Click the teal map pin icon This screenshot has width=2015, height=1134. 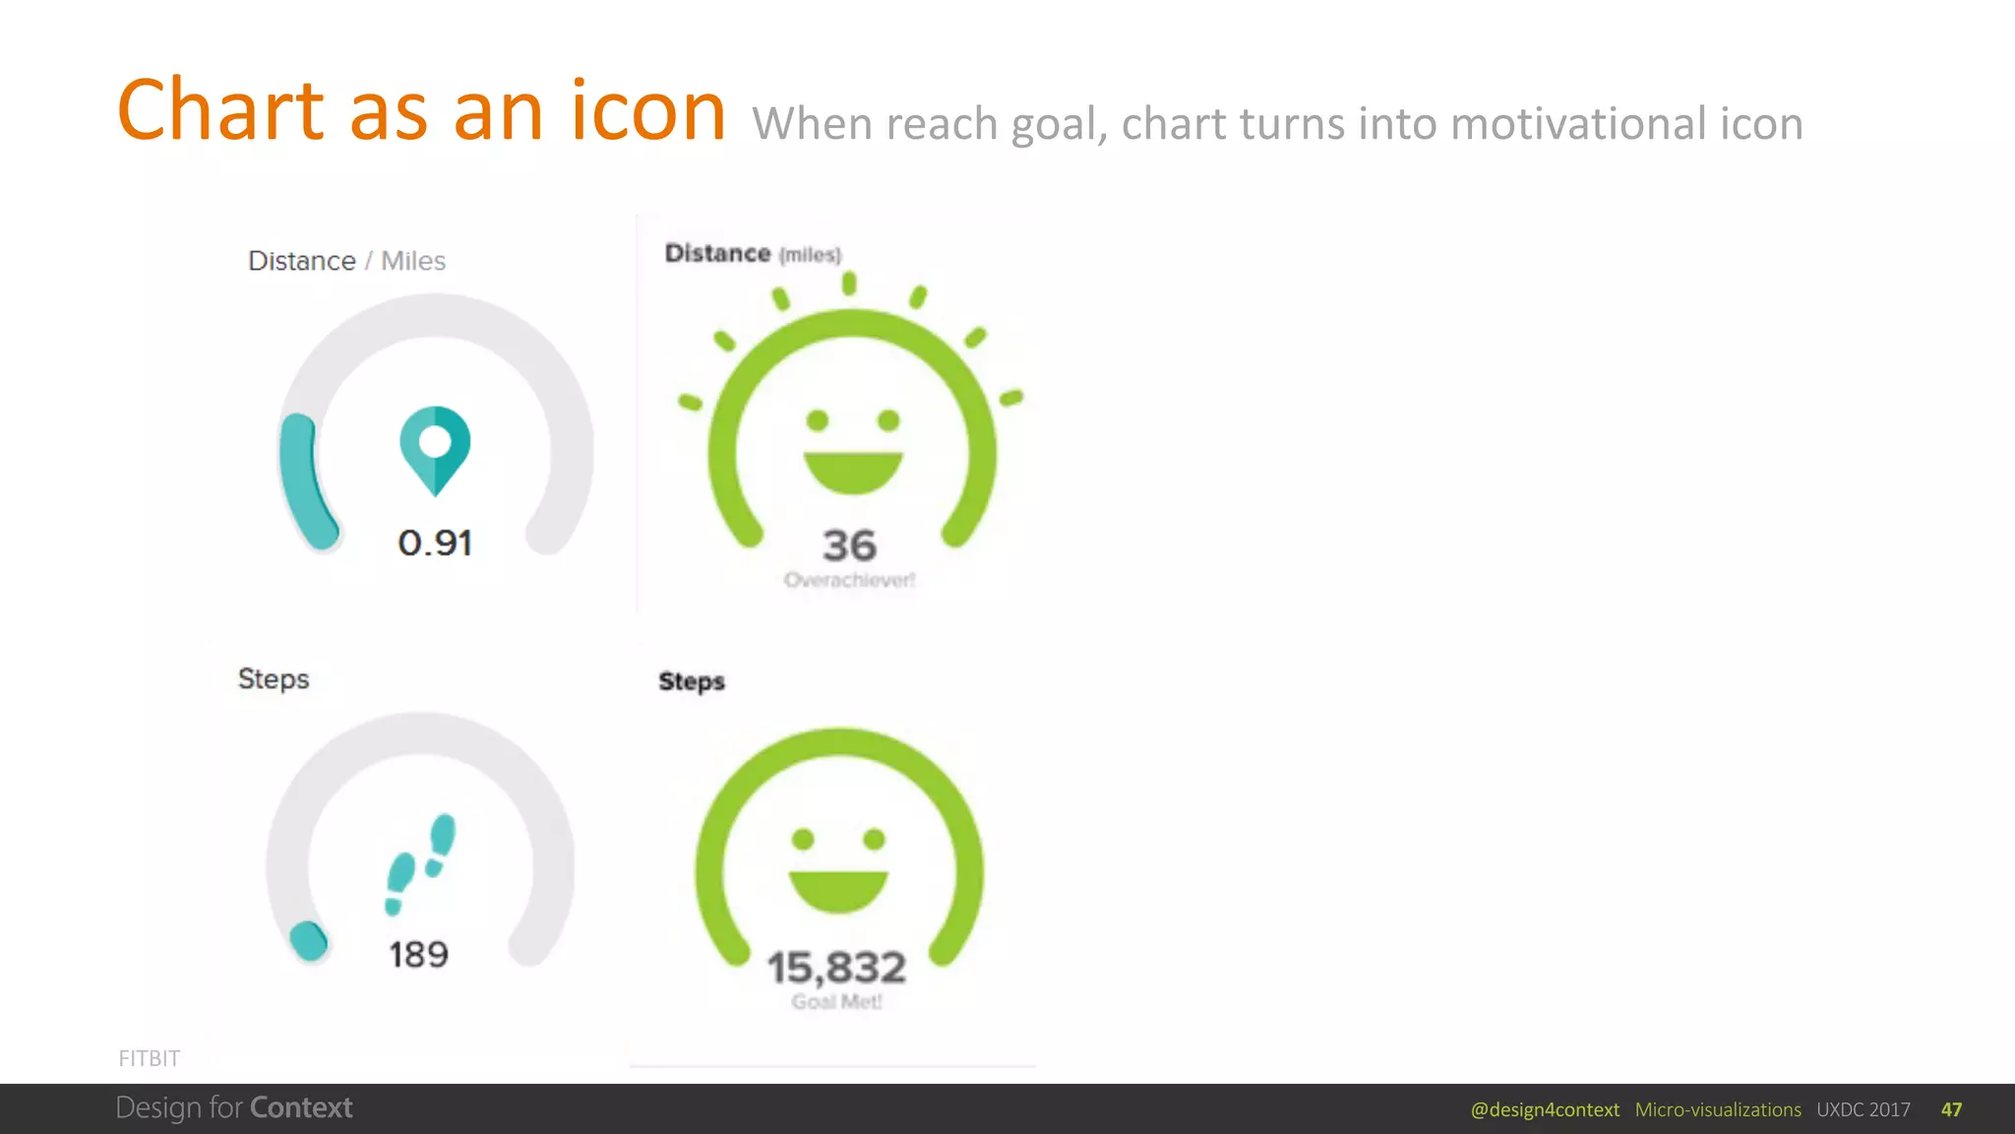pos(435,449)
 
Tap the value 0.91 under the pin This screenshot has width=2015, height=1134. pos(435,543)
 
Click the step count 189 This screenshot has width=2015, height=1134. pos(419,954)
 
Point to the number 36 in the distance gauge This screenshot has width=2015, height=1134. pos(849,545)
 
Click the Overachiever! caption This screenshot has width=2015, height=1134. pos(849,580)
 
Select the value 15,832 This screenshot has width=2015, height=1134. pos(836,968)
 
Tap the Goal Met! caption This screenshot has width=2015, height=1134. pos(836,1002)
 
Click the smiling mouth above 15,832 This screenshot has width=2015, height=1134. pos(838,889)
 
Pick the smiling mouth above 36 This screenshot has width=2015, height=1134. pos(853,471)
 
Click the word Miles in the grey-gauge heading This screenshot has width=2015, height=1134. pos(413,261)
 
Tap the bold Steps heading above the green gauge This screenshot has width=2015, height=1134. pos(692,681)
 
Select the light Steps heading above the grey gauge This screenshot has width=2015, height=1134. pos(274,679)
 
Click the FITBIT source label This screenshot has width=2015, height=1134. pos(150,1058)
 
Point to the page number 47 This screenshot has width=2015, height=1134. pos(1951,1109)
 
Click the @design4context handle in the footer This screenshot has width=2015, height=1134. pos(1545,1109)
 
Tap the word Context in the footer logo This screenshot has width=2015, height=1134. pos(301,1107)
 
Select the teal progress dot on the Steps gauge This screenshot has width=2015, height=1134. pos(309,940)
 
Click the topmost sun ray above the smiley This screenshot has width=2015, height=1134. pos(849,283)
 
